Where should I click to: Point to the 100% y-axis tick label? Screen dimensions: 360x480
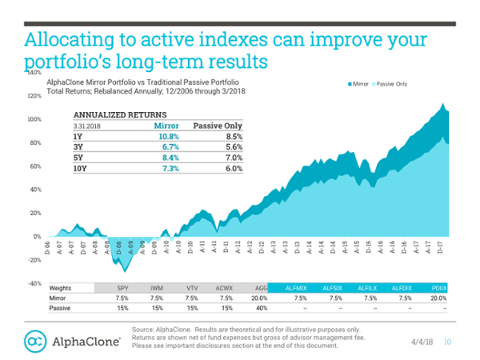pyautogui.click(x=34, y=119)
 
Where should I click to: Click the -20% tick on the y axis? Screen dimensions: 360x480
pyautogui.click(x=33, y=260)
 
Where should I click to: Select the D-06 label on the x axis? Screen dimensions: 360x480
pyautogui.click(x=47, y=246)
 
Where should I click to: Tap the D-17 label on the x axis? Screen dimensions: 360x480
pyautogui.click(x=438, y=246)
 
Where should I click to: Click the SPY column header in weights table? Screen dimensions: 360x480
pyautogui.click(x=123, y=286)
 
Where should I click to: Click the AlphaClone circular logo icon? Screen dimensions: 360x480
pyautogui.click(x=35, y=341)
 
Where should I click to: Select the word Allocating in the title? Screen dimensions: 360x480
pyautogui.click(x=66, y=40)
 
